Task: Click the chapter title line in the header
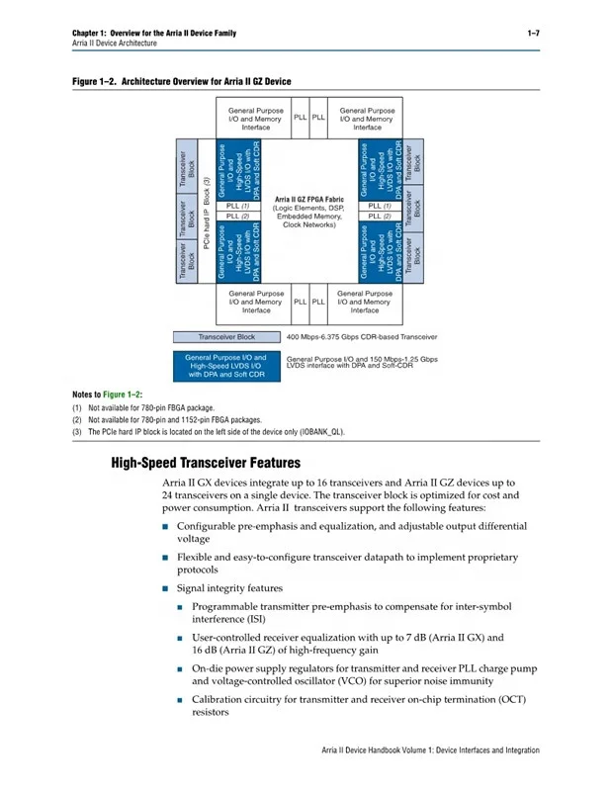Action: pos(154,34)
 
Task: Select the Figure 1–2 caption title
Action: pos(182,81)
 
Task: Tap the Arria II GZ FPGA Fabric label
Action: pos(309,201)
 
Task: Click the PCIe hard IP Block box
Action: pos(207,211)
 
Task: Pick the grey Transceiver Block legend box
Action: pos(226,337)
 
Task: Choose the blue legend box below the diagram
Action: pos(226,366)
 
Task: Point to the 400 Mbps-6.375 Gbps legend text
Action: pos(361,337)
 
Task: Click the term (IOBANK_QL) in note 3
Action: pos(322,431)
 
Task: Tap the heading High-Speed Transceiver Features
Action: pos(206,463)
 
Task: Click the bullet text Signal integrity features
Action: pos(229,588)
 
